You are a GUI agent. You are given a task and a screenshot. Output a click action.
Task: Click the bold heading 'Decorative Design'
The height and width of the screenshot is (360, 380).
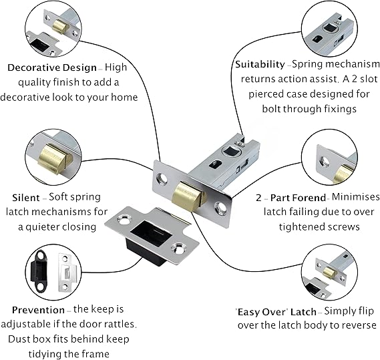52,67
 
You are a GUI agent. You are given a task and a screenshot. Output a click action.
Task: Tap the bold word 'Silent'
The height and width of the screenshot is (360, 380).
26,198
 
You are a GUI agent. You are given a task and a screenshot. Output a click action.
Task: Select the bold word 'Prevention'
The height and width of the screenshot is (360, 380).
38,310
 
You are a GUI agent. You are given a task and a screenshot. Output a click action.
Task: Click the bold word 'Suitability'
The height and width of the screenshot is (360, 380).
260,65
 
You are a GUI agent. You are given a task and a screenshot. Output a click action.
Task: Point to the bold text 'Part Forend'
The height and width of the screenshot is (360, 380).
298,198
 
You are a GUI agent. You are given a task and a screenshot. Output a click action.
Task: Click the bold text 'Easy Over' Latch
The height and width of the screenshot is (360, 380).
276,312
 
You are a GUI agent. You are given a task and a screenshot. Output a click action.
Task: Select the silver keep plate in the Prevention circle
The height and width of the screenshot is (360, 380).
66,273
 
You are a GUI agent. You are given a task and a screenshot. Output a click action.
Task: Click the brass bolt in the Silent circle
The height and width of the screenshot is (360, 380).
55,158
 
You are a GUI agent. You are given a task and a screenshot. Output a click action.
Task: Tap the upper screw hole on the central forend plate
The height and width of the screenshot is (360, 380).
162,179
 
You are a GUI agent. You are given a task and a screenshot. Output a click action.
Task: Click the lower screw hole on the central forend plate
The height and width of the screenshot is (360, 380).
221,208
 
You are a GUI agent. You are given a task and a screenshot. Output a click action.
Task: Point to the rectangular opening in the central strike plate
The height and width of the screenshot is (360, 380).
152,233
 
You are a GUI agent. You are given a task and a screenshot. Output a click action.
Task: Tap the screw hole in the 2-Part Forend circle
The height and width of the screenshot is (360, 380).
325,162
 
